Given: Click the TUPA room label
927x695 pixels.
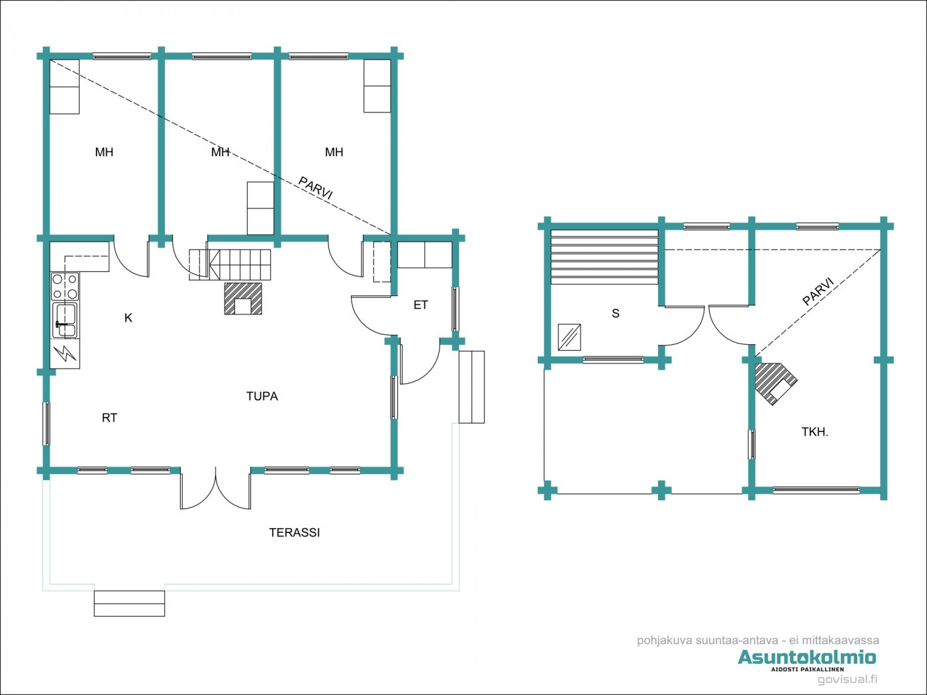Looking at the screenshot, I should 262,396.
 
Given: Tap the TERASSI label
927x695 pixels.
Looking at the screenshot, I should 294,533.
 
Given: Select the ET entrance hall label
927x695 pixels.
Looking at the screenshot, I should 420,305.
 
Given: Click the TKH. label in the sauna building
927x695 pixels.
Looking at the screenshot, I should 814,432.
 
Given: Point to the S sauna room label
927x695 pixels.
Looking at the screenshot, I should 615,314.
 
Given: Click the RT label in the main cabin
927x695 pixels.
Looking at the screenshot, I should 109,418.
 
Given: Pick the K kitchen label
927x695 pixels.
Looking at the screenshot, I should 128,318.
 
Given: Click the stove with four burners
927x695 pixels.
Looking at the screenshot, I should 65,287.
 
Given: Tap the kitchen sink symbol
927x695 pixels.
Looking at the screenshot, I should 65,320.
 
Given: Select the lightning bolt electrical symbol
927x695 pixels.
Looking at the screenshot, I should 65,353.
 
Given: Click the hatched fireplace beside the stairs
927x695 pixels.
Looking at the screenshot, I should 243,299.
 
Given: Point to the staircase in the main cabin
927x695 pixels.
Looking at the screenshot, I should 230,265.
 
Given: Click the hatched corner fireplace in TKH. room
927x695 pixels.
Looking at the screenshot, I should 775,383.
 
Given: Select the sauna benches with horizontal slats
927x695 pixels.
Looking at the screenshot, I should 605,257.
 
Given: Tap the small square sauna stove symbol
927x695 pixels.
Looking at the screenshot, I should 569,337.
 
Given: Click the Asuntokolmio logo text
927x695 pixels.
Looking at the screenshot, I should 806,657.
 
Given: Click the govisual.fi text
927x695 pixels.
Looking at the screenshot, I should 847,680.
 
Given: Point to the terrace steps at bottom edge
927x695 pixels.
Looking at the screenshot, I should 129,604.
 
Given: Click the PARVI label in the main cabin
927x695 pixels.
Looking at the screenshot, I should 315,189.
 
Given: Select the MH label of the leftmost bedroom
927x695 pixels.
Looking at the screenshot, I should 104,152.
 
